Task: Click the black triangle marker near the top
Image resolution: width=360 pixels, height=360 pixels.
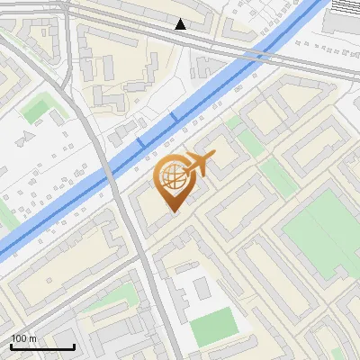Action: point(181,24)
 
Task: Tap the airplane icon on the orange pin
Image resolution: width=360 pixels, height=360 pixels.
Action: point(199,165)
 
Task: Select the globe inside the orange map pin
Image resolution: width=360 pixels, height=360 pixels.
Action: point(174,177)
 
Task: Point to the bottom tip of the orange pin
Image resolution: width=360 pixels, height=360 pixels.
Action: point(174,211)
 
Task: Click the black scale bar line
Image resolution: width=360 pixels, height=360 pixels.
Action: point(42,347)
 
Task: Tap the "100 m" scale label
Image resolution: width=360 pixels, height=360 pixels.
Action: point(24,338)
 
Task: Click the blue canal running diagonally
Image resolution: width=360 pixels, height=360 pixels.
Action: point(81,193)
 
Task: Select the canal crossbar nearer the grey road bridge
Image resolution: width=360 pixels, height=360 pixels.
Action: point(139,143)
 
